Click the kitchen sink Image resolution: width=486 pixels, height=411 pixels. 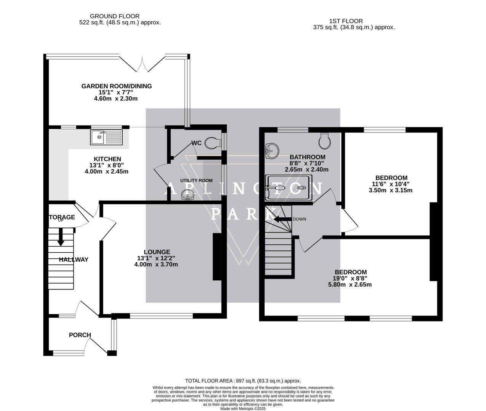tap(106, 137)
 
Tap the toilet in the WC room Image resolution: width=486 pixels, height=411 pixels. tap(213, 143)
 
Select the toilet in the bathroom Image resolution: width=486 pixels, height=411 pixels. tap(325, 141)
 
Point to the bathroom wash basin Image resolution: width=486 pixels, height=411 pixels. tap(272, 151)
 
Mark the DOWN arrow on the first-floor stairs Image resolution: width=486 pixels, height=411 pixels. tap(283, 219)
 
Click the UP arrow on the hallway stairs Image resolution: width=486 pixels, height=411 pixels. tap(61, 237)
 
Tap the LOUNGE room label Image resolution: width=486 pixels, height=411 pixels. tap(157, 252)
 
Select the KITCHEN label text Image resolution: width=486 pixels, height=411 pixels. tap(107, 159)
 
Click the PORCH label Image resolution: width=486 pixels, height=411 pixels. tap(80, 335)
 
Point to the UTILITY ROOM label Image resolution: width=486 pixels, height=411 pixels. tap(196, 180)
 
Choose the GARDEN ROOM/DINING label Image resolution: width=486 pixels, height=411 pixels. tap(117, 86)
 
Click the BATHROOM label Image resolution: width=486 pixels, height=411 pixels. tap(307, 157)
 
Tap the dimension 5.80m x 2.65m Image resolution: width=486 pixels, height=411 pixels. tap(350, 285)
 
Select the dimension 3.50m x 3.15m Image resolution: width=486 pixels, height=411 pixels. tap(390, 190)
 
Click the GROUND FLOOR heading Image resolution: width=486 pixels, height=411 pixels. tap(115, 16)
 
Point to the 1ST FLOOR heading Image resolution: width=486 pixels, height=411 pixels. tap(346, 21)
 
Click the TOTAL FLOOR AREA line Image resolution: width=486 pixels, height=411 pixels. tap(243, 381)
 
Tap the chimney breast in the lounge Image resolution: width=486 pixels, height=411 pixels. tap(217, 256)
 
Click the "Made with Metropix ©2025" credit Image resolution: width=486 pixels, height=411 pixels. tap(243, 409)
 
